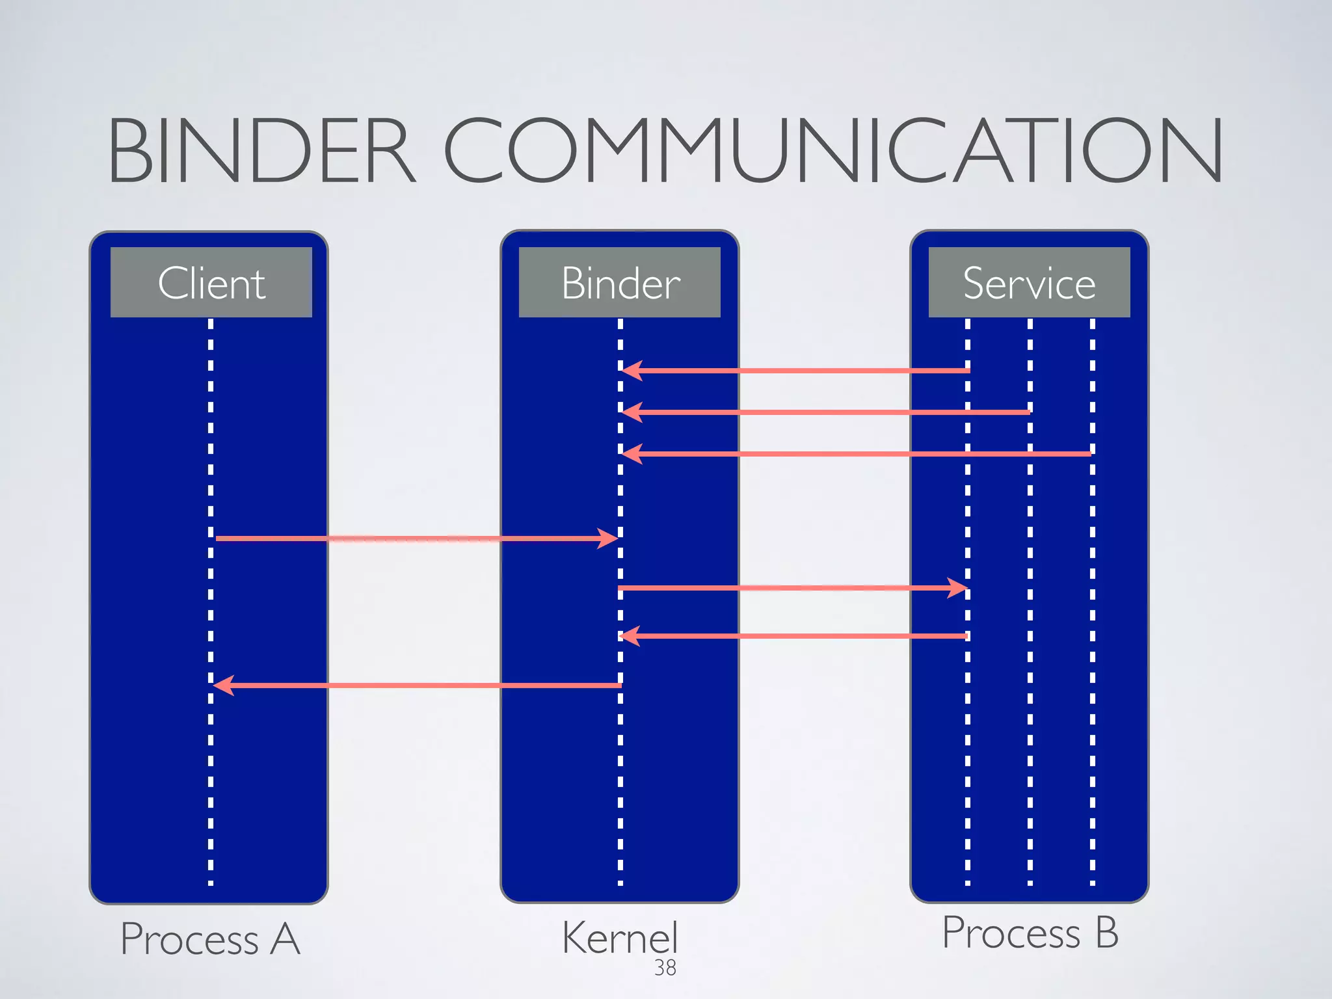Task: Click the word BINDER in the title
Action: (x=260, y=151)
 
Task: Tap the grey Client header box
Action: (x=211, y=282)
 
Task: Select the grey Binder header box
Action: (x=619, y=282)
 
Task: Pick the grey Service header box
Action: (x=1029, y=282)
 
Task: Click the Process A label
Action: (x=210, y=939)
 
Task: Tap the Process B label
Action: (x=1030, y=932)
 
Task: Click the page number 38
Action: (x=665, y=968)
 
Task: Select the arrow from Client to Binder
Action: (x=416, y=539)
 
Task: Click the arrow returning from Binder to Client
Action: (x=416, y=686)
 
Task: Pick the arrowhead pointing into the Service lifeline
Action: (x=958, y=588)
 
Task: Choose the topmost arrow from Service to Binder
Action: (x=793, y=371)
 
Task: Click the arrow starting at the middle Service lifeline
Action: (x=826, y=412)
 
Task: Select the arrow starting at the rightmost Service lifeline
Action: (x=859, y=454)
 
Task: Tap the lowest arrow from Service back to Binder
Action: (x=793, y=636)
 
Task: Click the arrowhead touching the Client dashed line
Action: (x=223, y=686)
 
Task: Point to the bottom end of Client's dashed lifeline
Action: (x=211, y=883)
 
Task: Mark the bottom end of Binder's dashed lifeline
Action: (x=620, y=883)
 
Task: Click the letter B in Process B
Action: (x=1106, y=932)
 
